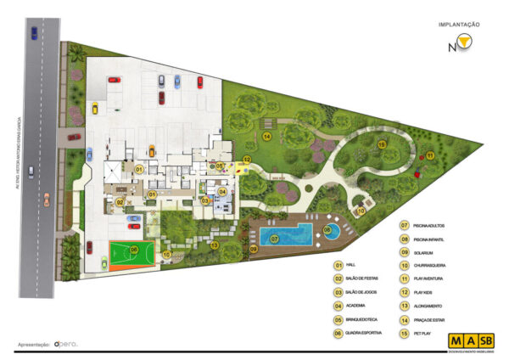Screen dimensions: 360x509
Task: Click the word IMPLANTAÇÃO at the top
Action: point(460,25)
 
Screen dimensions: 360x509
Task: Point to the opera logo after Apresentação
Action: point(65,344)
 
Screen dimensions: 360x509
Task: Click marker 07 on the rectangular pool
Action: point(275,240)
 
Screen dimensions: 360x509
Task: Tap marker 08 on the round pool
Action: point(327,229)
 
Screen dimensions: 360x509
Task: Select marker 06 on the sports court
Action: point(133,250)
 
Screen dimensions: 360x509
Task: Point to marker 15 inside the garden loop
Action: point(383,146)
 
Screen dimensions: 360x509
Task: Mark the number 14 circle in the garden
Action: point(266,136)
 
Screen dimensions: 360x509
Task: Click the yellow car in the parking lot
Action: point(96,107)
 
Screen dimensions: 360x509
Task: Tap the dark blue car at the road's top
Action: point(32,33)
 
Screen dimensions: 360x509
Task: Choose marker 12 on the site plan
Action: point(247,159)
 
